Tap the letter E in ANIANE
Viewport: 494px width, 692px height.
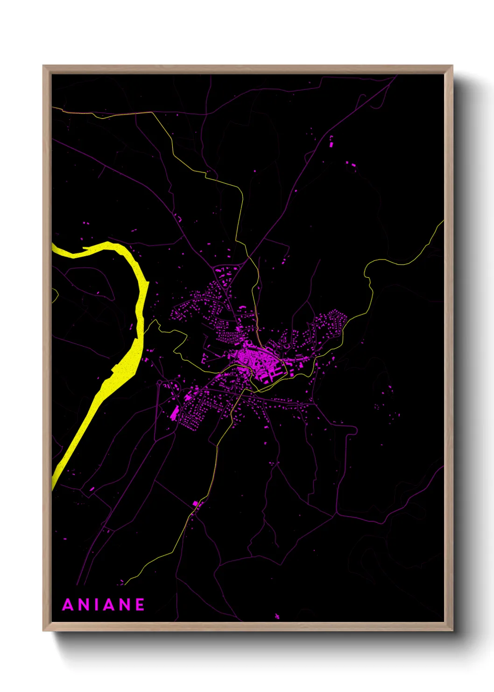pos(140,605)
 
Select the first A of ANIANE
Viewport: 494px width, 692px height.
pos(68,605)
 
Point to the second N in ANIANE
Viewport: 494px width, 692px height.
pos(124,605)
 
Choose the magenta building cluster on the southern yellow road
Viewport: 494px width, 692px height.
pos(197,504)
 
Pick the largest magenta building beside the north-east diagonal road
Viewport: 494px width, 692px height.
pos(332,144)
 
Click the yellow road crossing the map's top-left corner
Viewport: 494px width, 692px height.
pos(93,114)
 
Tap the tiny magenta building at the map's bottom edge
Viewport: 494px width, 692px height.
pos(277,616)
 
